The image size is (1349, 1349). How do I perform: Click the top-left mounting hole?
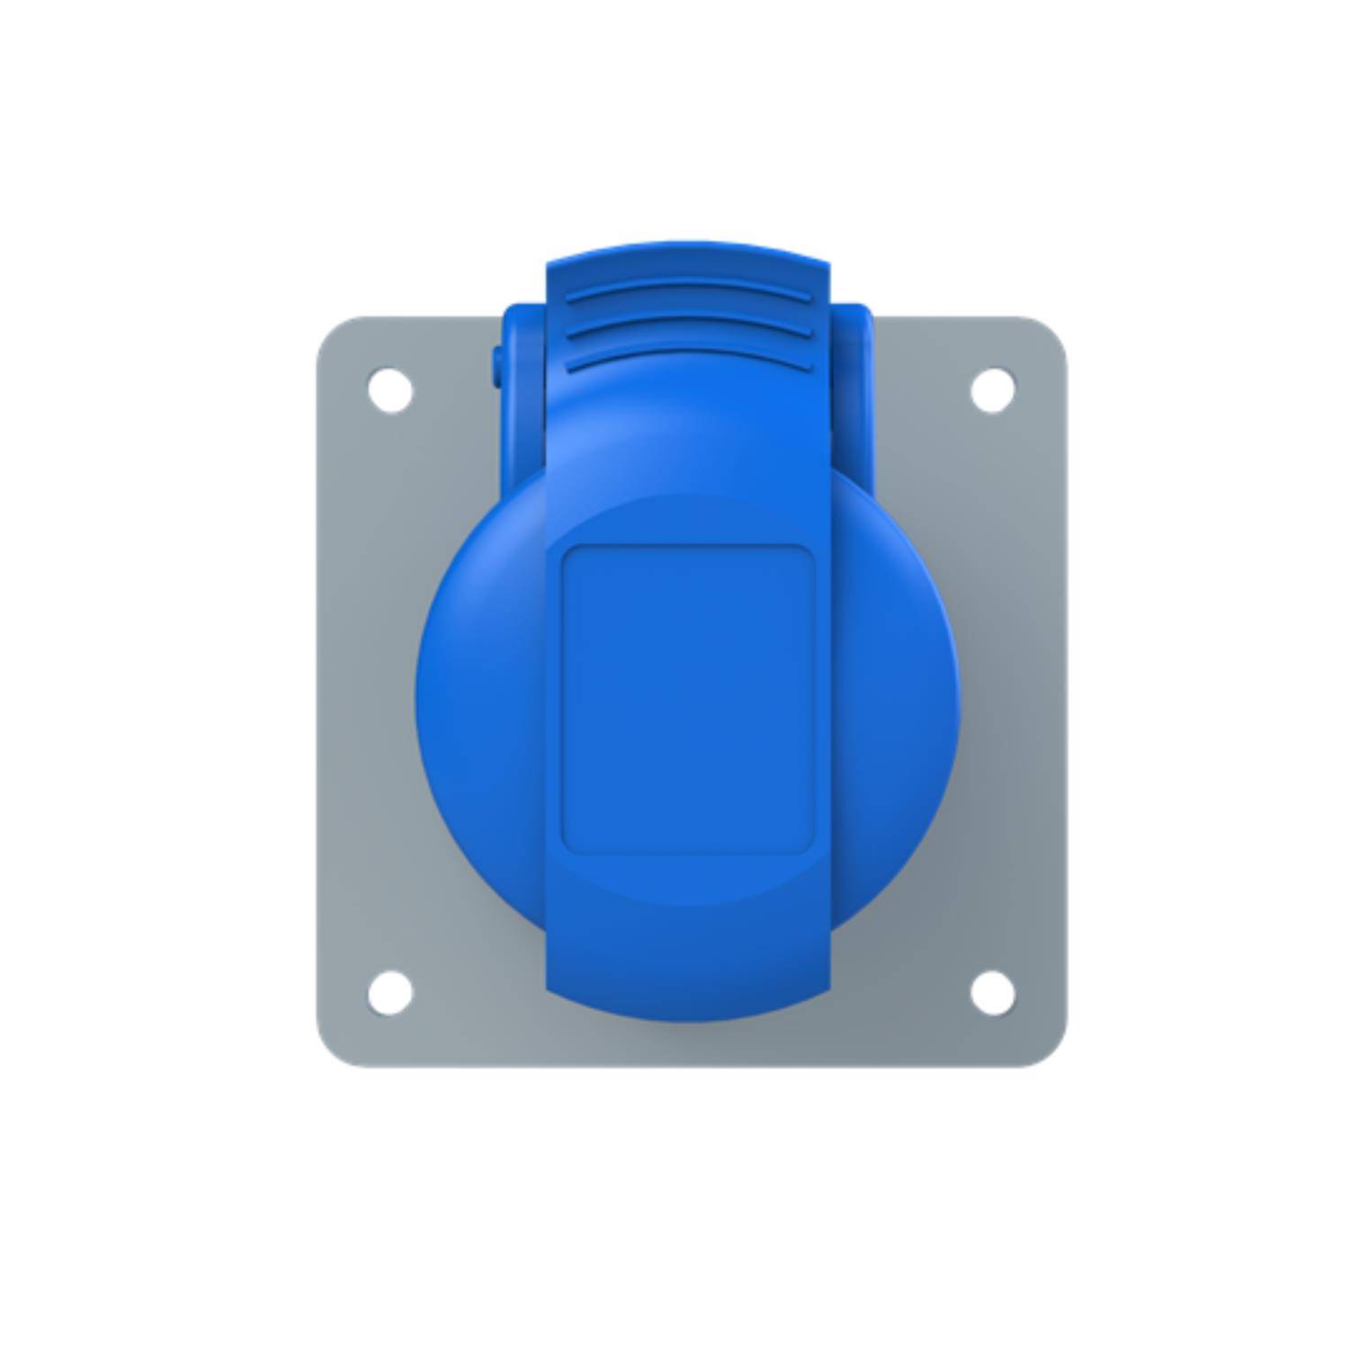pos(390,390)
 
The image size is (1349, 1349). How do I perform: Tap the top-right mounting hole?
pos(993,390)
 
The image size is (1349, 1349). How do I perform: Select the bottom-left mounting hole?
pos(390,992)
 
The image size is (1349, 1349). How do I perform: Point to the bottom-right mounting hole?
pos(993,992)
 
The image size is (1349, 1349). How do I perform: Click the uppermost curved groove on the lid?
pos(688,290)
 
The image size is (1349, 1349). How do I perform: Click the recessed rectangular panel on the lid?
pos(688,699)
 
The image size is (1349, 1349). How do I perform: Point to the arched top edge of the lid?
pos(688,246)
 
